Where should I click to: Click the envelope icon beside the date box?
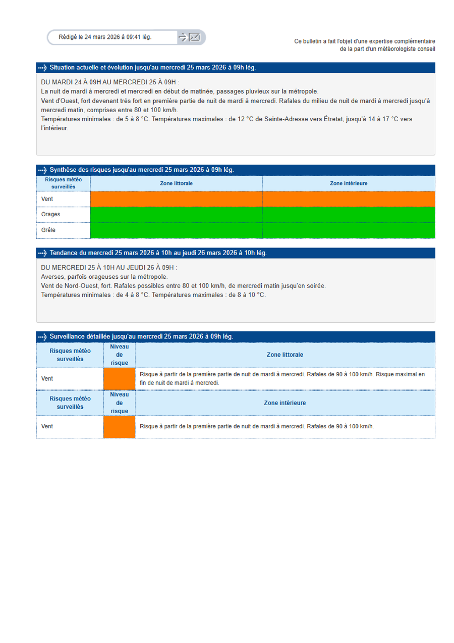(x=195, y=37)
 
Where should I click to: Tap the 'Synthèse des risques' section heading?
(x=141, y=170)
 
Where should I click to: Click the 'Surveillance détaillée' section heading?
(x=141, y=336)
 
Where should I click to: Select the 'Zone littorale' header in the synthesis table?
(x=176, y=183)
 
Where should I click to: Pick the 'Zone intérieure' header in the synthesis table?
(x=349, y=183)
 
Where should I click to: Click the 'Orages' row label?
(x=50, y=214)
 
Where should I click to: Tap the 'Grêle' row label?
(x=48, y=230)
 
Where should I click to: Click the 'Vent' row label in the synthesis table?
(x=47, y=199)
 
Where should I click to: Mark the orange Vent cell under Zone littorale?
(x=176, y=199)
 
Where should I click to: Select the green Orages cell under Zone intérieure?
(x=349, y=214)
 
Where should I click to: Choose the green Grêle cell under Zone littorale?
(x=176, y=230)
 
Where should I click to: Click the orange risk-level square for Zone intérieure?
(x=120, y=427)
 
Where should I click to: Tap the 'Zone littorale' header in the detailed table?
(x=285, y=355)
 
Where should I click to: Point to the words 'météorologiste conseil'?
(x=406, y=49)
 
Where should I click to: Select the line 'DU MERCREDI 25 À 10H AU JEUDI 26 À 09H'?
(x=109, y=268)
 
